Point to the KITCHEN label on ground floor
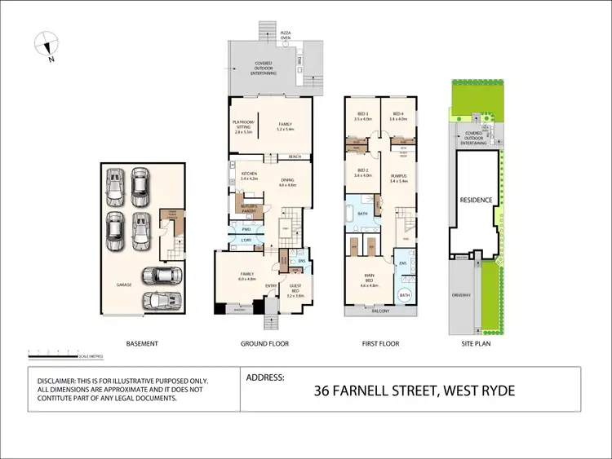pyautogui.click(x=249, y=174)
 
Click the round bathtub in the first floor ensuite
pyautogui.click(x=406, y=296)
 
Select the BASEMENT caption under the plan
pyautogui.click(x=143, y=344)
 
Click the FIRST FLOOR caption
pyautogui.click(x=380, y=344)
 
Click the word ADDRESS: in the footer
pyautogui.click(x=264, y=378)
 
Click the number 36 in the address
pyautogui.click(x=324, y=391)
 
